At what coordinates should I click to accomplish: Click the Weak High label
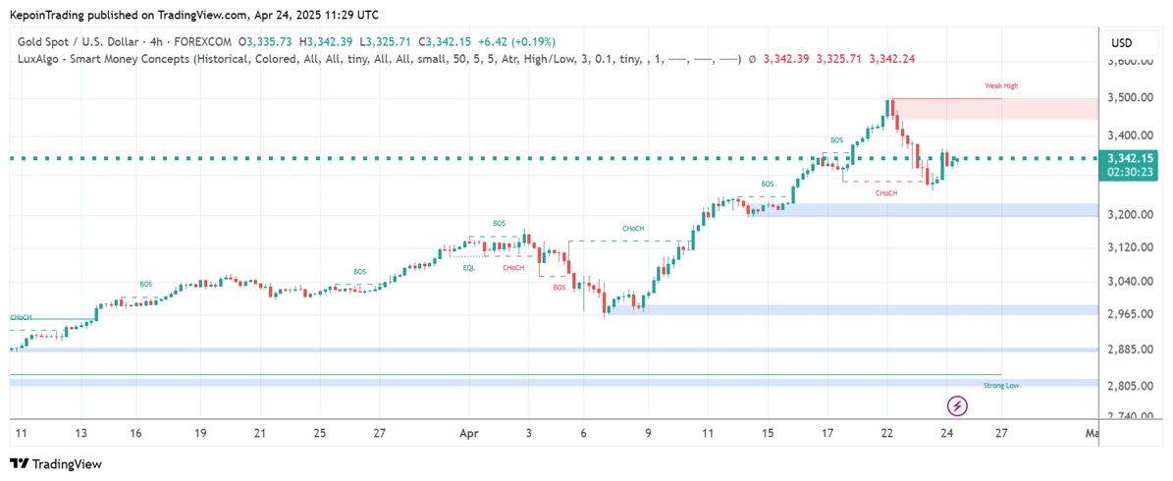[1001, 86]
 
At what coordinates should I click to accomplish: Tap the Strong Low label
[1000, 386]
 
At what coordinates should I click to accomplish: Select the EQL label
[469, 267]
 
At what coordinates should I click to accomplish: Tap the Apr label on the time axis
[468, 433]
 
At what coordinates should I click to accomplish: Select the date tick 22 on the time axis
[887, 433]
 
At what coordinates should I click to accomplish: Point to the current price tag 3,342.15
[1130, 158]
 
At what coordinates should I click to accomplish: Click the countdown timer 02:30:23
[1130, 172]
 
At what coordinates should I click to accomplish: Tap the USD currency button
[1121, 43]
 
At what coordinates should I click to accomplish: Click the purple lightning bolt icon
[958, 405]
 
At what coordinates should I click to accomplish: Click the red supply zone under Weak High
[946, 109]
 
